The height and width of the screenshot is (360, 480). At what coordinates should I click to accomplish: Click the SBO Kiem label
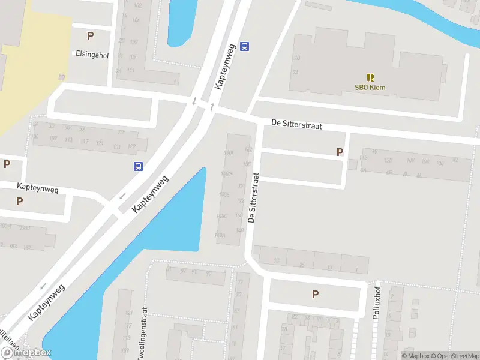pos(370,88)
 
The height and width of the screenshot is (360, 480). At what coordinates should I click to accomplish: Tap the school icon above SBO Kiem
pos(370,77)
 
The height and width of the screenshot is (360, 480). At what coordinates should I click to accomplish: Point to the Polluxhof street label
pos(377,303)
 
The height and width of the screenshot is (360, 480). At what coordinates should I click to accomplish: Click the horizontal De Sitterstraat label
pos(296,124)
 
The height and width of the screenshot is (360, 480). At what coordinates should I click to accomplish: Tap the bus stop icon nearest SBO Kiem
pos(244,46)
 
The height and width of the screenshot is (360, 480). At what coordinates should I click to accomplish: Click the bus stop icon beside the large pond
pos(138,167)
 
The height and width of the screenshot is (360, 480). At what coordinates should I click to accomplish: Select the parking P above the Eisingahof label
pos(90,35)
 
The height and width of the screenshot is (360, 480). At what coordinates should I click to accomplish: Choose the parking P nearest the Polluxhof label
pos(315,294)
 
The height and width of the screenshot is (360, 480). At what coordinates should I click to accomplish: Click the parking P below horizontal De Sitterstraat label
pos(340,152)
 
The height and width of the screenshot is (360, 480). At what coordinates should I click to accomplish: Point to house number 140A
pos(221,236)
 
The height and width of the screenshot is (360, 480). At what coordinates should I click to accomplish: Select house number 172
pos(240,200)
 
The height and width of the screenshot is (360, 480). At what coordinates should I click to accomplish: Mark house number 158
pos(246,163)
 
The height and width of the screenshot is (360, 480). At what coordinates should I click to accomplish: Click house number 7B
pos(296,58)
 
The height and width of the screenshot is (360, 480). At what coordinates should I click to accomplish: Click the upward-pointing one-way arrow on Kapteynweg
pos(212,106)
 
